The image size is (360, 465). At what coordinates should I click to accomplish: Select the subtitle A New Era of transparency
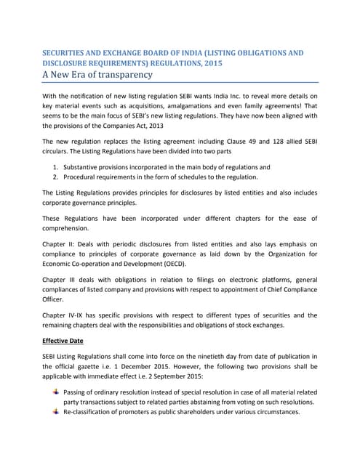[97, 75]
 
